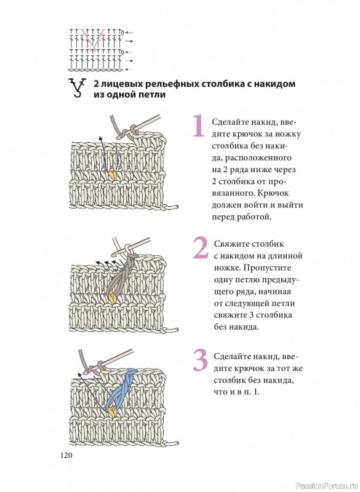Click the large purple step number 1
198,125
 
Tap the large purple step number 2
201,248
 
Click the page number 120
66,455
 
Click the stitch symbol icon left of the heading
77,88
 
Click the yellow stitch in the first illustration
112,174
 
